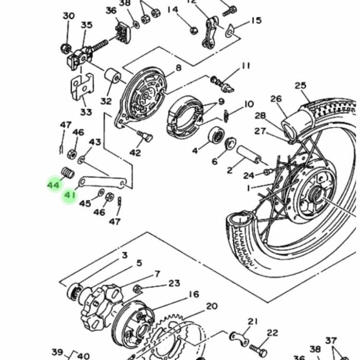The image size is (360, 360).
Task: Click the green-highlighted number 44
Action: click(53, 185)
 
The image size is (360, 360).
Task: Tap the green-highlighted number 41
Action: click(69, 196)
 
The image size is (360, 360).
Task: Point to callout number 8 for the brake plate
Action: click(178, 68)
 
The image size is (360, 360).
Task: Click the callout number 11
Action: click(245, 66)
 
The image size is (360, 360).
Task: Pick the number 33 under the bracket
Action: click(86, 112)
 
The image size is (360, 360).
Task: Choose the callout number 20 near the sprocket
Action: click(211, 306)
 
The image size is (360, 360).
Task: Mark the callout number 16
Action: click(193, 295)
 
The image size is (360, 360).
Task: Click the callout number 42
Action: click(135, 153)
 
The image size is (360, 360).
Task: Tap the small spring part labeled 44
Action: click(67, 172)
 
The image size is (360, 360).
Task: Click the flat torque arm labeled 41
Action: click(104, 182)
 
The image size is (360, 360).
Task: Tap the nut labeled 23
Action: click(139, 288)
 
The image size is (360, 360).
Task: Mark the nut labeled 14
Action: click(193, 30)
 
